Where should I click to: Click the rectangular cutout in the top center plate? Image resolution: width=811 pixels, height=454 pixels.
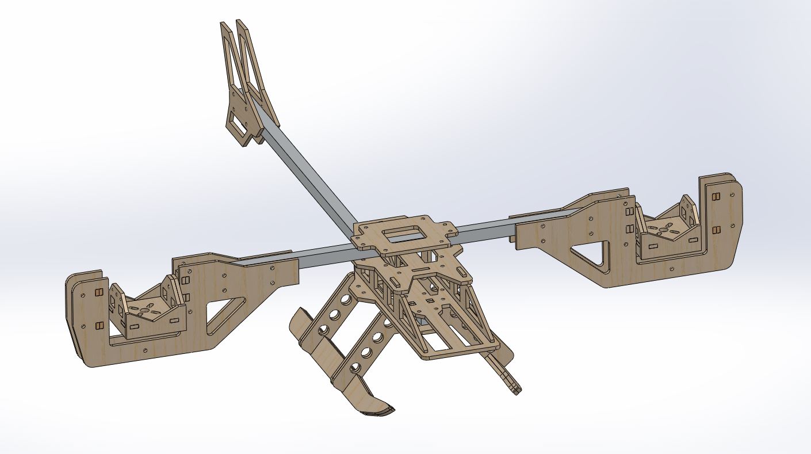click(x=403, y=234)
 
